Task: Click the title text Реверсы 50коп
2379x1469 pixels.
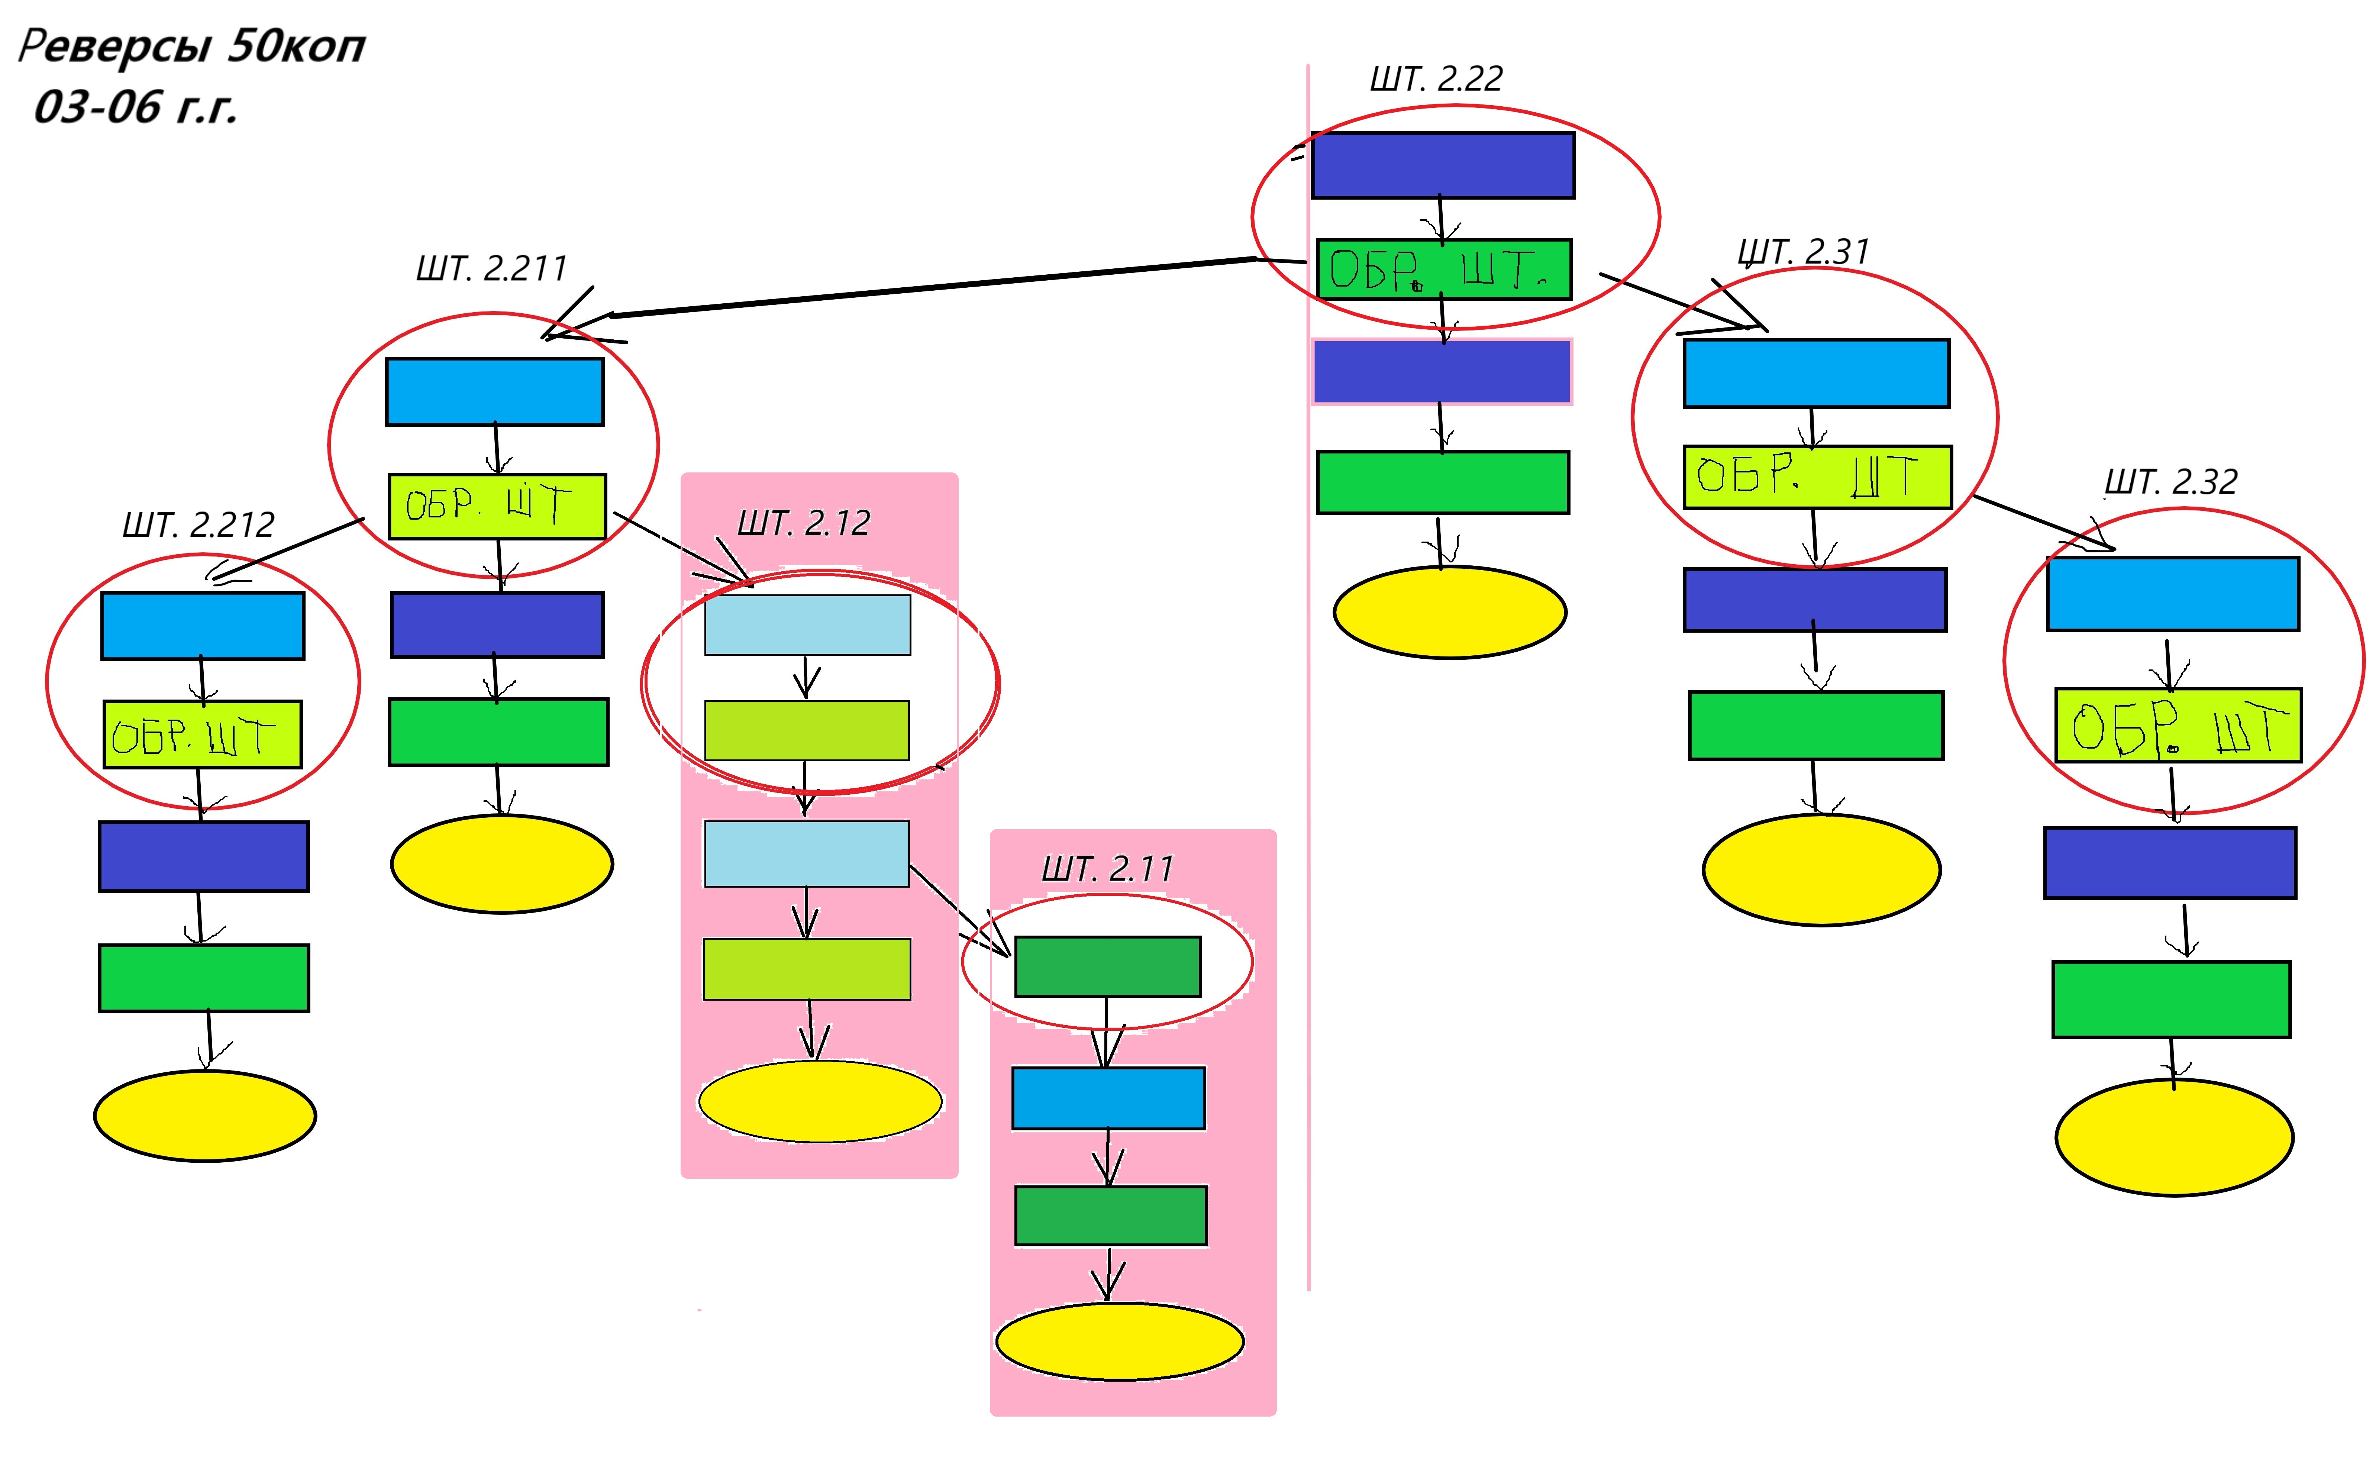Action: [x=191, y=46]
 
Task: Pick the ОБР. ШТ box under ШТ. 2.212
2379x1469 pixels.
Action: [x=202, y=734]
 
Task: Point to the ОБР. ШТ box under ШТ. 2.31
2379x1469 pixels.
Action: [x=1815, y=476]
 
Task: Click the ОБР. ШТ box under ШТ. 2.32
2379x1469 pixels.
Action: [x=2177, y=725]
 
